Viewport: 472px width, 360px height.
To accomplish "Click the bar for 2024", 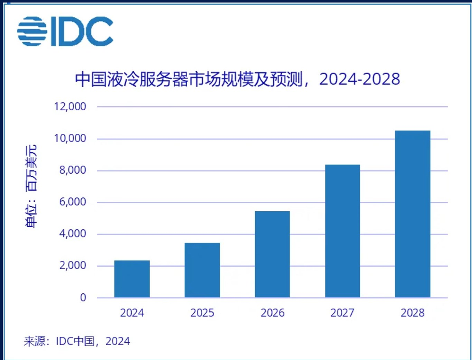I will (132, 279).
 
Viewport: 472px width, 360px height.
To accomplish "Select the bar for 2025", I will (202, 270).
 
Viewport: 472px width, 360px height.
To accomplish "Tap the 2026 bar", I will (272, 254).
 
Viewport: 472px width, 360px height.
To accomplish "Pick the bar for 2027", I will (342, 231).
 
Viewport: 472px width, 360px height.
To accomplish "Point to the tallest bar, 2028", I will (413, 214).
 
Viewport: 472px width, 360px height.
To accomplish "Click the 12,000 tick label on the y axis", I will (70, 107).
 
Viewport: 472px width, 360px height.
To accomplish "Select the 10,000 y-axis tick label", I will (70, 138).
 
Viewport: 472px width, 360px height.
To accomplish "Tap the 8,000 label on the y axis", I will (72, 170).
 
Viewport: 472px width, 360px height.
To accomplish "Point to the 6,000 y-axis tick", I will (72, 202).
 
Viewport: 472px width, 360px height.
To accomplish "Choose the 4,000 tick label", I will (72, 234).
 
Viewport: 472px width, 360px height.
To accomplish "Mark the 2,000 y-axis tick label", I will (72, 266).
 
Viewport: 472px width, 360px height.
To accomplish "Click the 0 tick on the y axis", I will (83, 298).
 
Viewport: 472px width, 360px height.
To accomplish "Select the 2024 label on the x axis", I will (132, 313).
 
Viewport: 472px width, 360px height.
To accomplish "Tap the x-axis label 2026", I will (272, 313).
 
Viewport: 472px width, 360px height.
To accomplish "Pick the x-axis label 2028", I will (413, 313).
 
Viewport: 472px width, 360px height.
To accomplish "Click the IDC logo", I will (65, 31).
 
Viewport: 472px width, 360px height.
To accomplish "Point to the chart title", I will (237, 79).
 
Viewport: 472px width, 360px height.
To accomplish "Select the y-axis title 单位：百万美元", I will (31, 186).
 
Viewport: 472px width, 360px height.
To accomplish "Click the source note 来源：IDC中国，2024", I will (77, 341).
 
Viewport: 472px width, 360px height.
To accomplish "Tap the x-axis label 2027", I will (342, 313).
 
